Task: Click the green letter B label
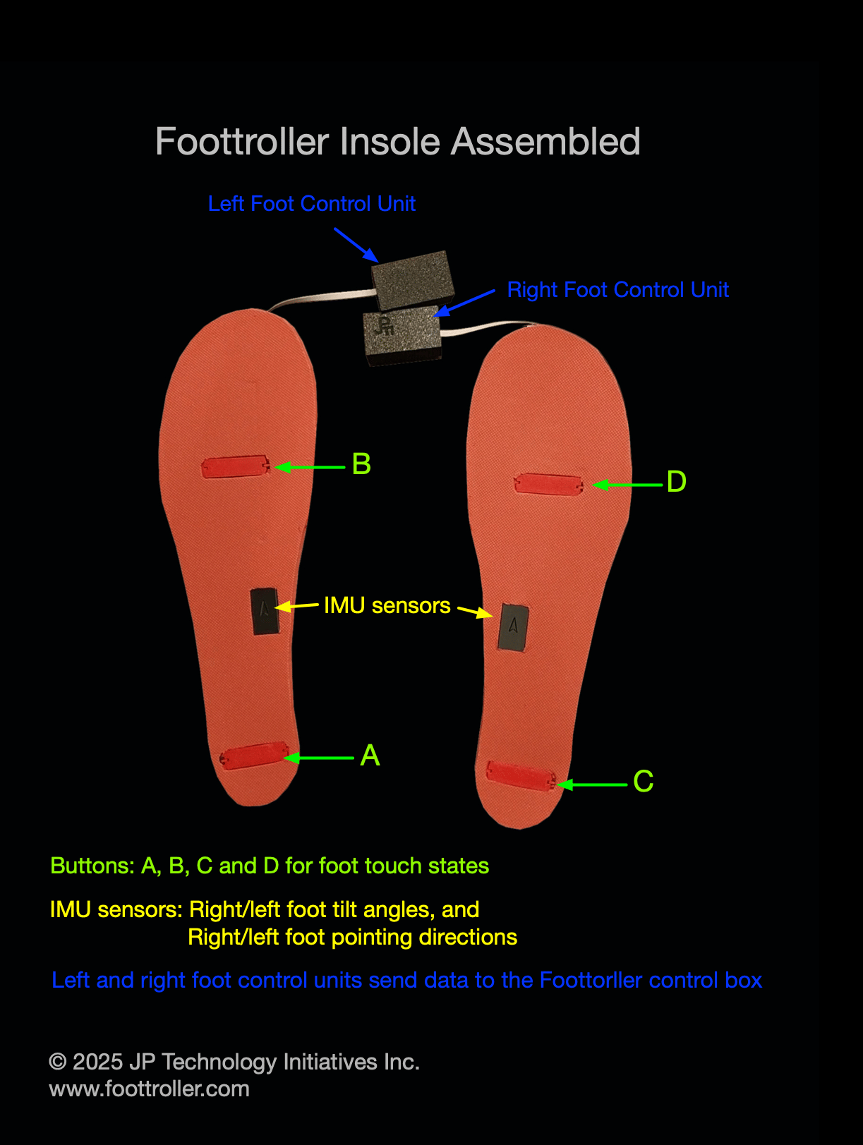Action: pyautogui.click(x=361, y=464)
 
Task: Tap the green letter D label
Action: pyautogui.click(x=676, y=482)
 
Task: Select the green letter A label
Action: pyautogui.click(x=370, y=756)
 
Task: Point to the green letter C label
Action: pyautogui.click(x=643, y=782)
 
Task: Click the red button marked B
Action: pyautogui.click(x=235, y=466)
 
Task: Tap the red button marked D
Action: pyautogui.click(x=548, y=484)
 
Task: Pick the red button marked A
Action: pyautogui.click(x=254, y=756)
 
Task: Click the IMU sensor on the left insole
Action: pyautogui.click(x=265, y=611)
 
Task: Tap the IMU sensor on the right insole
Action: pyautogui.click(x=513, y=627)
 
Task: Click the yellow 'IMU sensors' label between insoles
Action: pyautogui.click(x=387, y=605)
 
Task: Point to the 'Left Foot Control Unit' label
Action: pyautogui.click(x=311, y=204)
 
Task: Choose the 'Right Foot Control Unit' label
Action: pyautogui.click(x=617, y=290)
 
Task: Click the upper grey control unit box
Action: pyautogui.click(x=413, y=279)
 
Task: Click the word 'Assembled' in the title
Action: pyautogui.click(x=545, y=142)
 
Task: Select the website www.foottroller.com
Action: pyautogui.click(x=149, y=1089)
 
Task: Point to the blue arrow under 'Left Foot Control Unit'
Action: pyautogui.click(x=356, y=244)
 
